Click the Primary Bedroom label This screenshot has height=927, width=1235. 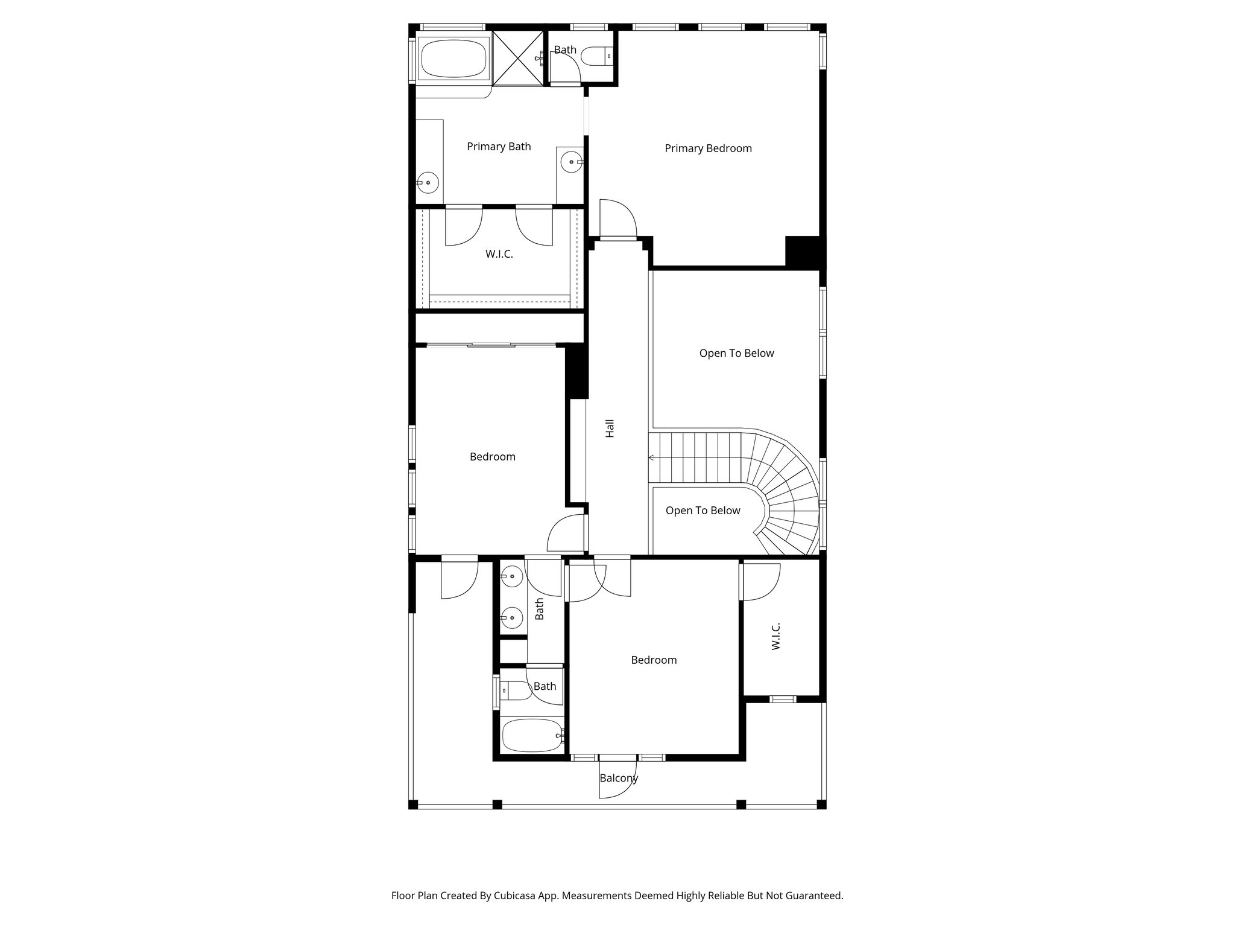pos(708,148)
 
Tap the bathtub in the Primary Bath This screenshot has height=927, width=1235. pos(453,59)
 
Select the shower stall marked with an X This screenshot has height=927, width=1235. pos(519,57)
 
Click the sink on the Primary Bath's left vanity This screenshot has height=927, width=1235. pos(428,182)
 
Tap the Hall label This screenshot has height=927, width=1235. pos(610,428)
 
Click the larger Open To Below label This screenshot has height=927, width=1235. pos(736,354)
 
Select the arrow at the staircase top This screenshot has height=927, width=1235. pos(652,458)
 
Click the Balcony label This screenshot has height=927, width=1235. pos(618,778)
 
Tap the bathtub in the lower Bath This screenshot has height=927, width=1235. pos(531,735)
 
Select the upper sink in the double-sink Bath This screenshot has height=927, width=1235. pos(511,577)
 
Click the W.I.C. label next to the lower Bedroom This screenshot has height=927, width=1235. pos(776,636)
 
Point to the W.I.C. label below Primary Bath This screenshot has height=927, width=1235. pos(499,254)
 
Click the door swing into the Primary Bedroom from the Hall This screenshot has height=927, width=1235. pos(618,218)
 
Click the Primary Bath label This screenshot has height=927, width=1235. pos(499,147)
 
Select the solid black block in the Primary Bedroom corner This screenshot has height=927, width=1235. pos(803,251)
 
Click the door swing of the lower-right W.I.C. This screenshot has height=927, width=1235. pos(762,581)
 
